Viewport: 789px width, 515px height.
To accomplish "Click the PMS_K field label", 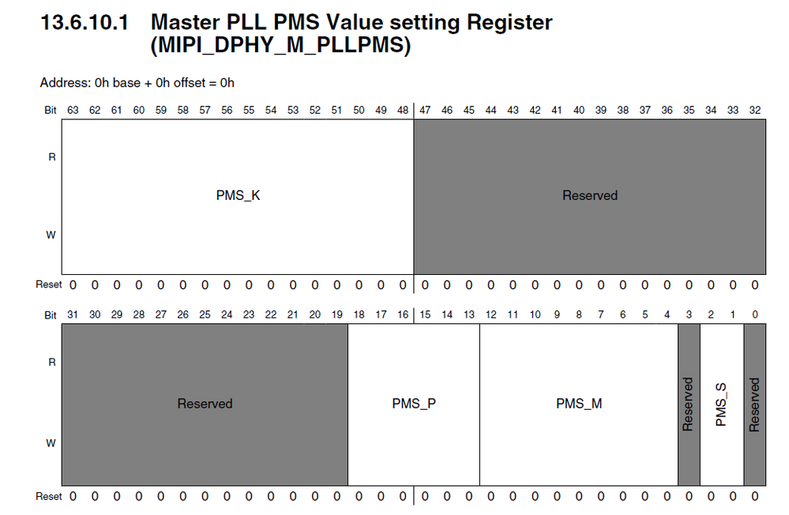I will [238, 195].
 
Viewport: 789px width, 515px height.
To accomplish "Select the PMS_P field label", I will [414, 404].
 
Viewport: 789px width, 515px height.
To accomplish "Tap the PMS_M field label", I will [579, 404].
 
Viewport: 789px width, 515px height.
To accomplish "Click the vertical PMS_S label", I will [721, 404].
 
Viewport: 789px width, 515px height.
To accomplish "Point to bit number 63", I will [73, 110].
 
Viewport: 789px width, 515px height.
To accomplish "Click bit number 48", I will [403, 110].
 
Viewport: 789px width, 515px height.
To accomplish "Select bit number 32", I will [755, 110].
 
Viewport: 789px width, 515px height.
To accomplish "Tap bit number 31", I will [73, 315].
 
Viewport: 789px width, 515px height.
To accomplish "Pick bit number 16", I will [403, 315].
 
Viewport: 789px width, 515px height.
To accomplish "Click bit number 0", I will [755, 315].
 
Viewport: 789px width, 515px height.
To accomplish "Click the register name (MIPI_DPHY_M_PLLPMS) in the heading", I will [280, 46].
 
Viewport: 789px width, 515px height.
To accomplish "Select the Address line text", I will [137, 82].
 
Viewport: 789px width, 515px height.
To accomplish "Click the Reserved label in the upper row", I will [590, 195].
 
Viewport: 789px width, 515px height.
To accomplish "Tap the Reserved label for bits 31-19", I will [205, 404].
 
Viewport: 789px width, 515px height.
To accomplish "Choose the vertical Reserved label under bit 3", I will [688, 404].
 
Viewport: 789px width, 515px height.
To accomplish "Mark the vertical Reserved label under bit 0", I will [755, 404].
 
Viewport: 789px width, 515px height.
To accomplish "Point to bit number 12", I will [490, 315].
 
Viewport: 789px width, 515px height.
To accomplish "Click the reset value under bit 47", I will [425, 284].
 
